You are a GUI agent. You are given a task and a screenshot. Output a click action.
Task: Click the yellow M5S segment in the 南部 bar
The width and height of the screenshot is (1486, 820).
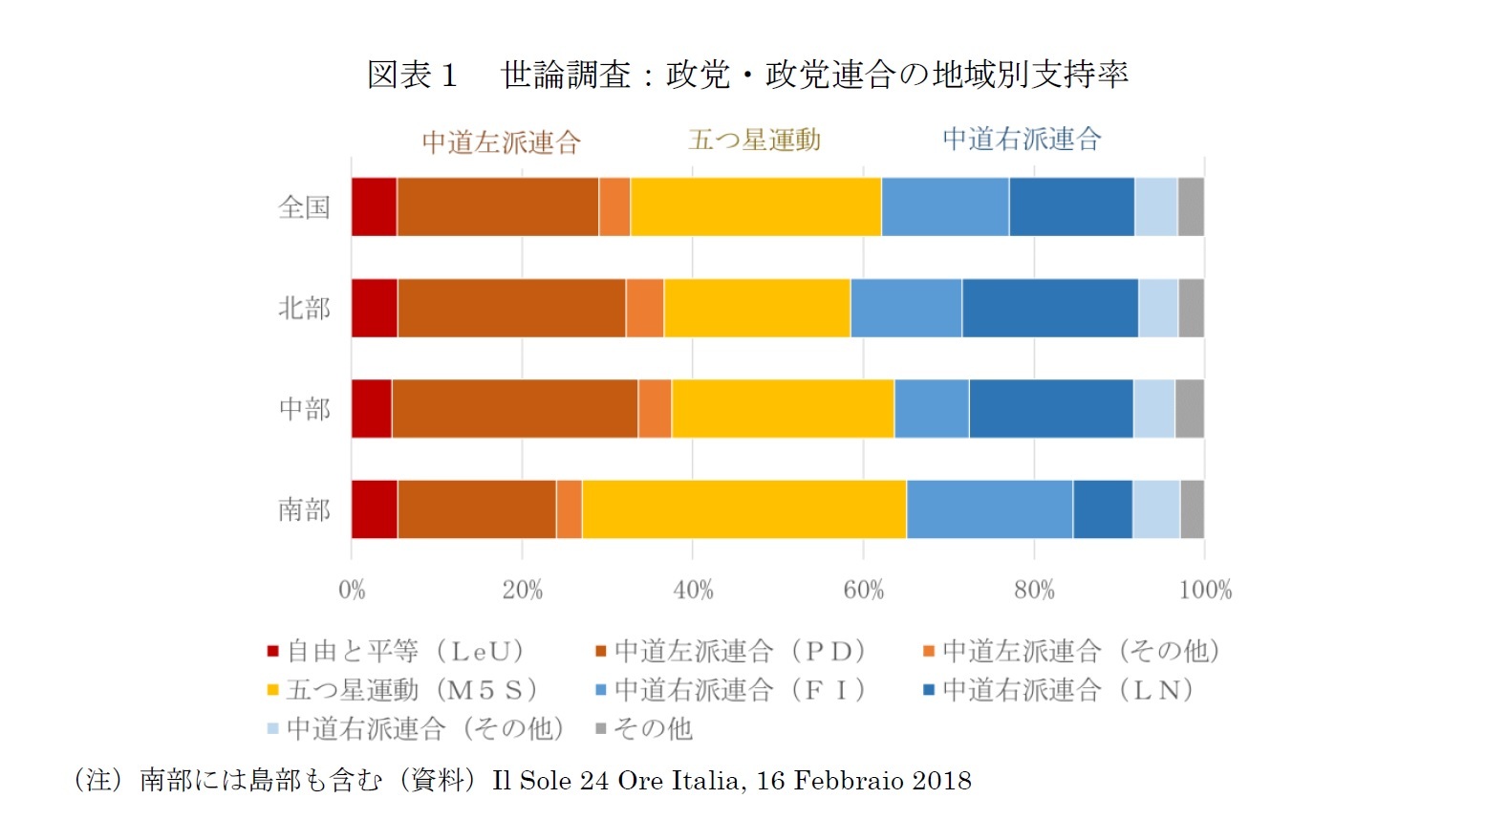[x=743, y=509]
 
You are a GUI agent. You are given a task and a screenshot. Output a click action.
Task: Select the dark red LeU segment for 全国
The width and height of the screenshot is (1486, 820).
[x=374, y=206]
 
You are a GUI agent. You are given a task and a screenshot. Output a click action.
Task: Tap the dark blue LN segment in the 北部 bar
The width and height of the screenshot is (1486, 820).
[x=1049, y=308]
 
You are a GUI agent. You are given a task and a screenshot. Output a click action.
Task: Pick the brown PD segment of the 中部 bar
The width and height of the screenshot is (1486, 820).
[x=514, y=408]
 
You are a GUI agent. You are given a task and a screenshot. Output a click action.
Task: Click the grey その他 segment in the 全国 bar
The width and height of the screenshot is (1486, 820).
[x=1191, y=206]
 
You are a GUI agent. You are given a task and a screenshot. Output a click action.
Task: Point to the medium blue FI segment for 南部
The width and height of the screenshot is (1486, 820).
[x=989, y=509]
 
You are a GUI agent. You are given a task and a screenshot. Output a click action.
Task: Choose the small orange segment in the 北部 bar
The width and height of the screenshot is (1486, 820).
[x=645, y=308]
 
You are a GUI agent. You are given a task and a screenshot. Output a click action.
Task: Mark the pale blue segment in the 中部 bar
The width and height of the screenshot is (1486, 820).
[x=1153, y=408]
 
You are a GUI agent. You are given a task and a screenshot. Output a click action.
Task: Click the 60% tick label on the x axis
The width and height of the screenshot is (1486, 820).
[x=863, y=590]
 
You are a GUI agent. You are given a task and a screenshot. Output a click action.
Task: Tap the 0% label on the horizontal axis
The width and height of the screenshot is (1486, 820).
[x=352, y=590]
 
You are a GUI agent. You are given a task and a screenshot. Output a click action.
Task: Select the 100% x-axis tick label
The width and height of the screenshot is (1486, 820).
[x=1205, y=590]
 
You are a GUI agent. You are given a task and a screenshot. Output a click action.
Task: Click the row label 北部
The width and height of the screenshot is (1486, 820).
[x=304, y=308]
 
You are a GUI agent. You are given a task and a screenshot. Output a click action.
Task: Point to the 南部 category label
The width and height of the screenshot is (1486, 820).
[x=304, y=509]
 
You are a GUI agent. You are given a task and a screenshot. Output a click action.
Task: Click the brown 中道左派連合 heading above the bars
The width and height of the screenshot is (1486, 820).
[x=502, y=142]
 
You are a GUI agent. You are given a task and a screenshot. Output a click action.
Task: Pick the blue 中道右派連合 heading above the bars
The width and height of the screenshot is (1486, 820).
[x=1022, y=140]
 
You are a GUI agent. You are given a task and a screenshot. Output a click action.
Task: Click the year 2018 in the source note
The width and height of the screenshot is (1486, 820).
[x=941, y=781]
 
